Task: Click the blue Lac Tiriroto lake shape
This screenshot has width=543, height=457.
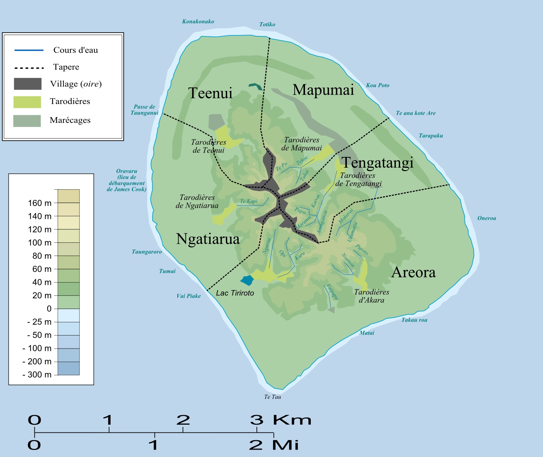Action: (x=247, y=280)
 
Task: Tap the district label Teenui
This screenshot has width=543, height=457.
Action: (x=210, y=93)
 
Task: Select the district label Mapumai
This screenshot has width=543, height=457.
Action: (x=323, y=90)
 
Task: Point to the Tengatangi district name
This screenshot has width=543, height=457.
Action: (x=378, y=163)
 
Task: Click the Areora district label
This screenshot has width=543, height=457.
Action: (x=414, y=272)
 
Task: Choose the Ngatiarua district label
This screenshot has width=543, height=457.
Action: (x=208, y=239)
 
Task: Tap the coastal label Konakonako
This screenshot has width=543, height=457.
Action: (x=198, y=22)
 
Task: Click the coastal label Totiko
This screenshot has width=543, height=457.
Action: (x=267, y=24)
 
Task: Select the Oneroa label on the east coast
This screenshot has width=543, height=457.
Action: (x=486, y=218)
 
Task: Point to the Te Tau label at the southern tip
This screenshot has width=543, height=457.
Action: (x=272, y=397)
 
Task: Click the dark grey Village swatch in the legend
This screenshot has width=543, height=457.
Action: (x=28, y=84)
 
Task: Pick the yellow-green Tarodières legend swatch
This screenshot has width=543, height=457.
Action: (x=27, y=102)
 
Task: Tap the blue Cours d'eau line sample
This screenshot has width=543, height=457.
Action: (x=29, y=50)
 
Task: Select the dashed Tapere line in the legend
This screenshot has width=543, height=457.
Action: (x=29, y=68)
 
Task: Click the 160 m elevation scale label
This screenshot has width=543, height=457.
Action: (x=39, y=203)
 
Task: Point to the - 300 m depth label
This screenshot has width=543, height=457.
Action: (x=37, y=374)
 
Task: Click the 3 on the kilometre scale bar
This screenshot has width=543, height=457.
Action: (x=257, y=420)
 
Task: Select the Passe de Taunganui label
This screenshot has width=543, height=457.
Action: (x=144, y=110)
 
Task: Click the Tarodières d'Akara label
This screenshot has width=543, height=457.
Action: (x=371, y=296)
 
